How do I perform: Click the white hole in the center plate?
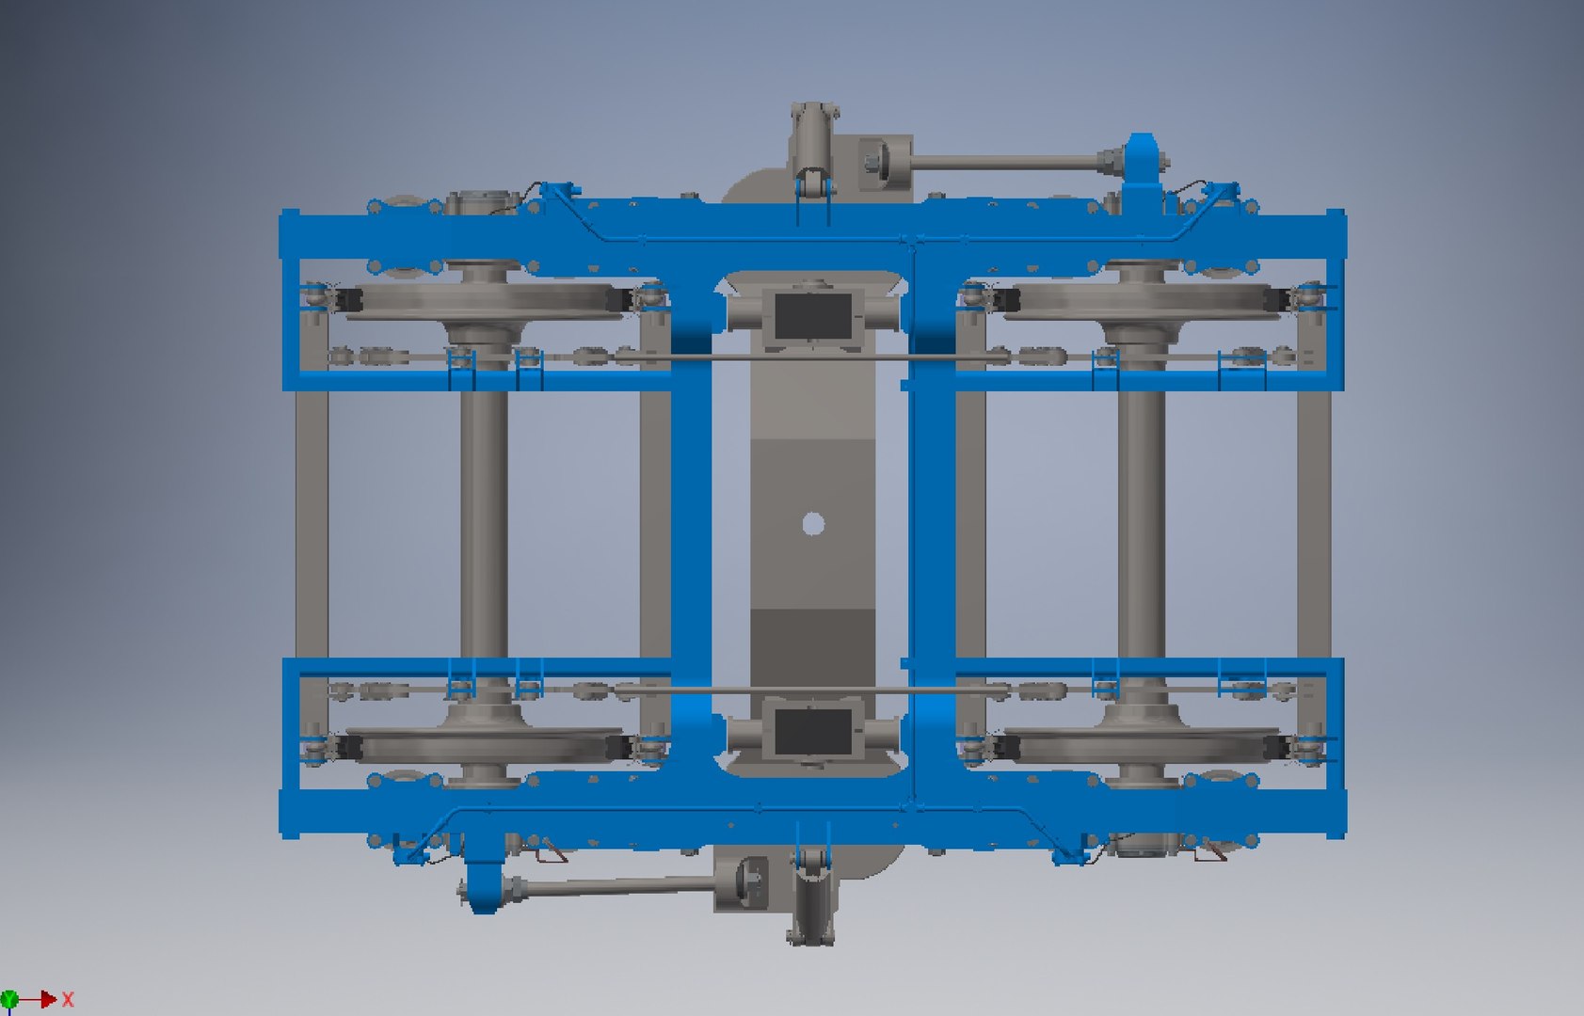[x=813, y=524]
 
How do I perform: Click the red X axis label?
[x=68, y=1000]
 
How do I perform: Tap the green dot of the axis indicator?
[x=9, y=999]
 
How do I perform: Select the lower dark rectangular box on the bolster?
[x=811, y=731]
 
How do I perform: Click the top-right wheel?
[x=1142, y=299]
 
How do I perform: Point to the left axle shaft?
[x=484, y=522]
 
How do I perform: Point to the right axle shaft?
[x=1142, y=522]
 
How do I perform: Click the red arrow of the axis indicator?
[x=42, y=999]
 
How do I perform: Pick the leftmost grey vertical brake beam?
[x=312, y=522]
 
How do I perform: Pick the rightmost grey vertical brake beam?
[x=1313, y=522]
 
